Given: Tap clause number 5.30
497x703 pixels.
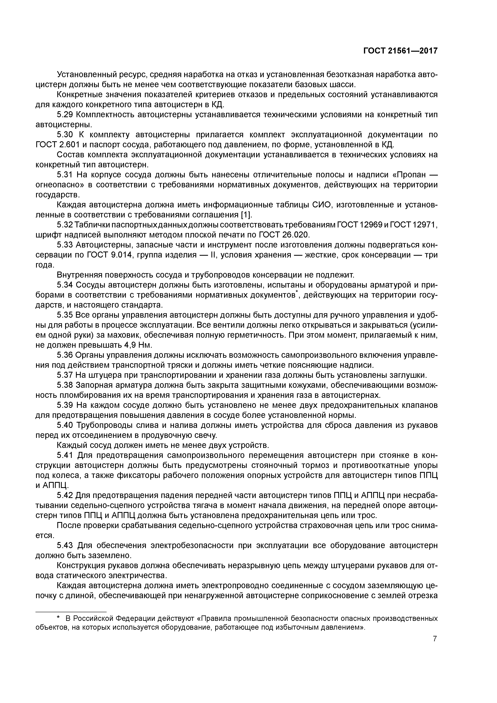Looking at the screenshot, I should pos(65,135).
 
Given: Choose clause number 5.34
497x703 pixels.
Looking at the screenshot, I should pos(65,285).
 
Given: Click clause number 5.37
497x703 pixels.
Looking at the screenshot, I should pos(65,375).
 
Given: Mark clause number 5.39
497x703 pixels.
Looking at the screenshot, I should pos(65,405).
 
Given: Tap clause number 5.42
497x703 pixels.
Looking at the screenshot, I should pos(65,495).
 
